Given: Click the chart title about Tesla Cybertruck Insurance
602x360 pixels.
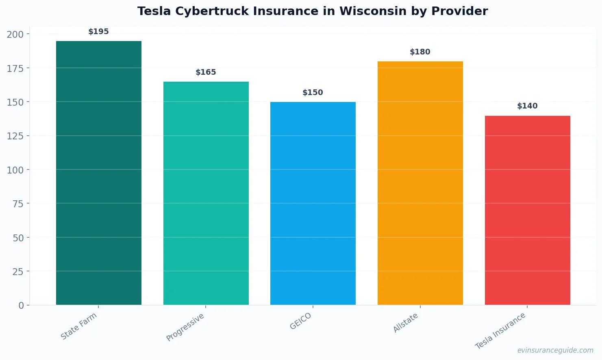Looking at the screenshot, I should coord(312,11).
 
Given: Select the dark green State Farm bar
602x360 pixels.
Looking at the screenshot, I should coord(99,173).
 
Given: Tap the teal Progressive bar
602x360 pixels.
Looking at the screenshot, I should coord(206,193).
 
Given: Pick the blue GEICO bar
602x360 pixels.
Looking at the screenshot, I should coord(313,203).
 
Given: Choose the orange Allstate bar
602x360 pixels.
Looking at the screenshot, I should coord(420,183).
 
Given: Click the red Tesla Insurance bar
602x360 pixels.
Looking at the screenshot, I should coord(527,210).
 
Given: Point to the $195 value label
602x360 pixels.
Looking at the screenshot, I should coord(99,32).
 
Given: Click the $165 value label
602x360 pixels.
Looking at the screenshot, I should coord(206,72).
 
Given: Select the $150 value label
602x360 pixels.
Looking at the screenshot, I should coord(313,93).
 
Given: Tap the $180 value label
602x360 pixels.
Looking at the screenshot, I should coord(420,52).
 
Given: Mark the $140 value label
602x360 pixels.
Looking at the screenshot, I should coord(527,106).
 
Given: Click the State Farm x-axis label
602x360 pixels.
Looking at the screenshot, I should coord(79,326).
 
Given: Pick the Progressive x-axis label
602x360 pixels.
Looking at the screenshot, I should coord(185,327).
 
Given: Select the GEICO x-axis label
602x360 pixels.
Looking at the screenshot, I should coord(301,321).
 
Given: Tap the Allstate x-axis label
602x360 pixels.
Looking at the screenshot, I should coord(406,323).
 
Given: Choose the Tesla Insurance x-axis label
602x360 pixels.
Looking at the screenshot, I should coord(500,331).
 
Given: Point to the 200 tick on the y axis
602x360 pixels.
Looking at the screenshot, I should coord(15,34).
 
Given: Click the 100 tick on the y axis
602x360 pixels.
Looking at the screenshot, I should coord(15,170).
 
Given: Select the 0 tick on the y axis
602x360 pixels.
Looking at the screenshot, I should coord(21,306).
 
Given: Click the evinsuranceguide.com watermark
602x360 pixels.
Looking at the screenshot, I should coord(555,350).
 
